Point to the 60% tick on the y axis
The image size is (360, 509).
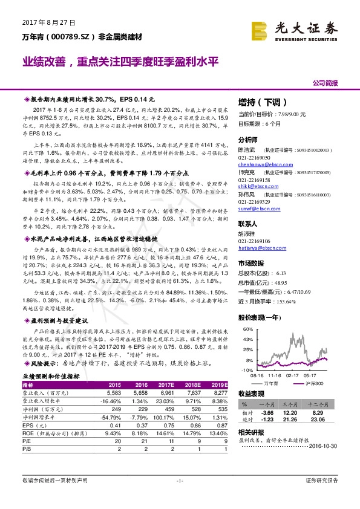pyautogui.click(x=246, y=329)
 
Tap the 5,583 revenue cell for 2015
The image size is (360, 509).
pyautogui.click(x=113, y=392)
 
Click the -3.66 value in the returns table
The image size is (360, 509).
pyautogui.click(x=268, y=411)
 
